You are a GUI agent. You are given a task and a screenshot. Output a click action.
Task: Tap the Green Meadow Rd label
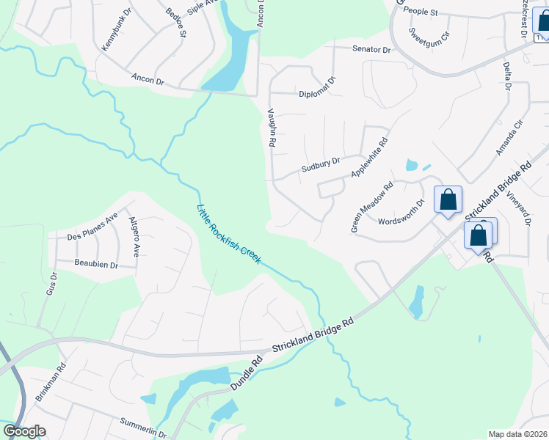coord(372,207)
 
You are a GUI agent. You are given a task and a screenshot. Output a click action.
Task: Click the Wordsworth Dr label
coord(401,213)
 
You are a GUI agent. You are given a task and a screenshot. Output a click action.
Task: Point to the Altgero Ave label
coord(134,236)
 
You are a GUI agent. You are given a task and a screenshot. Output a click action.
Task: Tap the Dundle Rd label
coord(246,373)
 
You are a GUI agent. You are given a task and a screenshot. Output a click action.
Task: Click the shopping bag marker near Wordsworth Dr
coord(447,199)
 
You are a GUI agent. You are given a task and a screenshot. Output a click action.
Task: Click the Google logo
coord(24,431)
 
